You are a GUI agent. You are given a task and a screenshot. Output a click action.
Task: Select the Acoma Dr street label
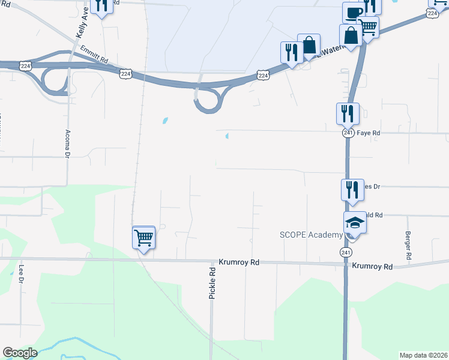click(x=67, y=144)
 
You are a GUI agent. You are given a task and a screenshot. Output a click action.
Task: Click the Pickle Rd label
click(x=212, y=284)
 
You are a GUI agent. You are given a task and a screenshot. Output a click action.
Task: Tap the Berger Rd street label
click(x=408, y=245)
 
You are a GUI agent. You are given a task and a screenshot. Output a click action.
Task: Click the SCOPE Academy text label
click(x=311, y=235)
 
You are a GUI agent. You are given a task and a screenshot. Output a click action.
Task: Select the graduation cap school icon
click(x=355, y=223)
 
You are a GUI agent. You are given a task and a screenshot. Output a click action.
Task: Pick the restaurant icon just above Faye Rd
click(x=347, y=113)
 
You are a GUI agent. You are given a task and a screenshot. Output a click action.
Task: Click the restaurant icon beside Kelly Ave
click(x=101, y=5)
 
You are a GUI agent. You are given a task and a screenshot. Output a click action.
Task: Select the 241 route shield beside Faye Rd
click(x=348, y=133)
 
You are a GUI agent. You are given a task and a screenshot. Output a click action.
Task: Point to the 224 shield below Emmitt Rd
click(x=125, y=73)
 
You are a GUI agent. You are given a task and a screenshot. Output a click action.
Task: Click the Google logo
click(x=20, y=353)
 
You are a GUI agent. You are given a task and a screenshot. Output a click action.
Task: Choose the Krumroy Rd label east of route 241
click(x=372, y=266)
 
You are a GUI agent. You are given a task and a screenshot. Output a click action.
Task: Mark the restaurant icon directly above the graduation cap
click(x=352, y=190)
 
